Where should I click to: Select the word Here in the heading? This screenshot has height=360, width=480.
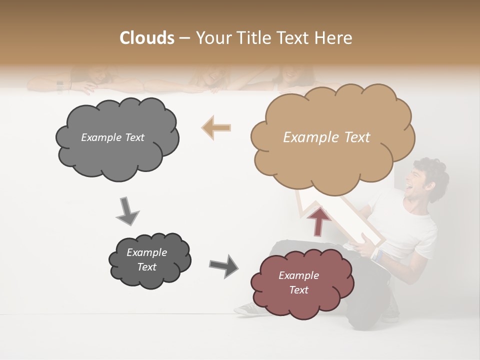point(334,38)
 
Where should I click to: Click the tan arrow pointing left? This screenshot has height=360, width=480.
point(216,127)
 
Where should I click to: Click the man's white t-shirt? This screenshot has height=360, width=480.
point(405,225)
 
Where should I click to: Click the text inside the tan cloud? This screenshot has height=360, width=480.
point(326,137)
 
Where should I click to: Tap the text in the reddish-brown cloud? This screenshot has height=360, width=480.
point(298,282)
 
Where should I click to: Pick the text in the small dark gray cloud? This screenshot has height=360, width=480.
point(147,259)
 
